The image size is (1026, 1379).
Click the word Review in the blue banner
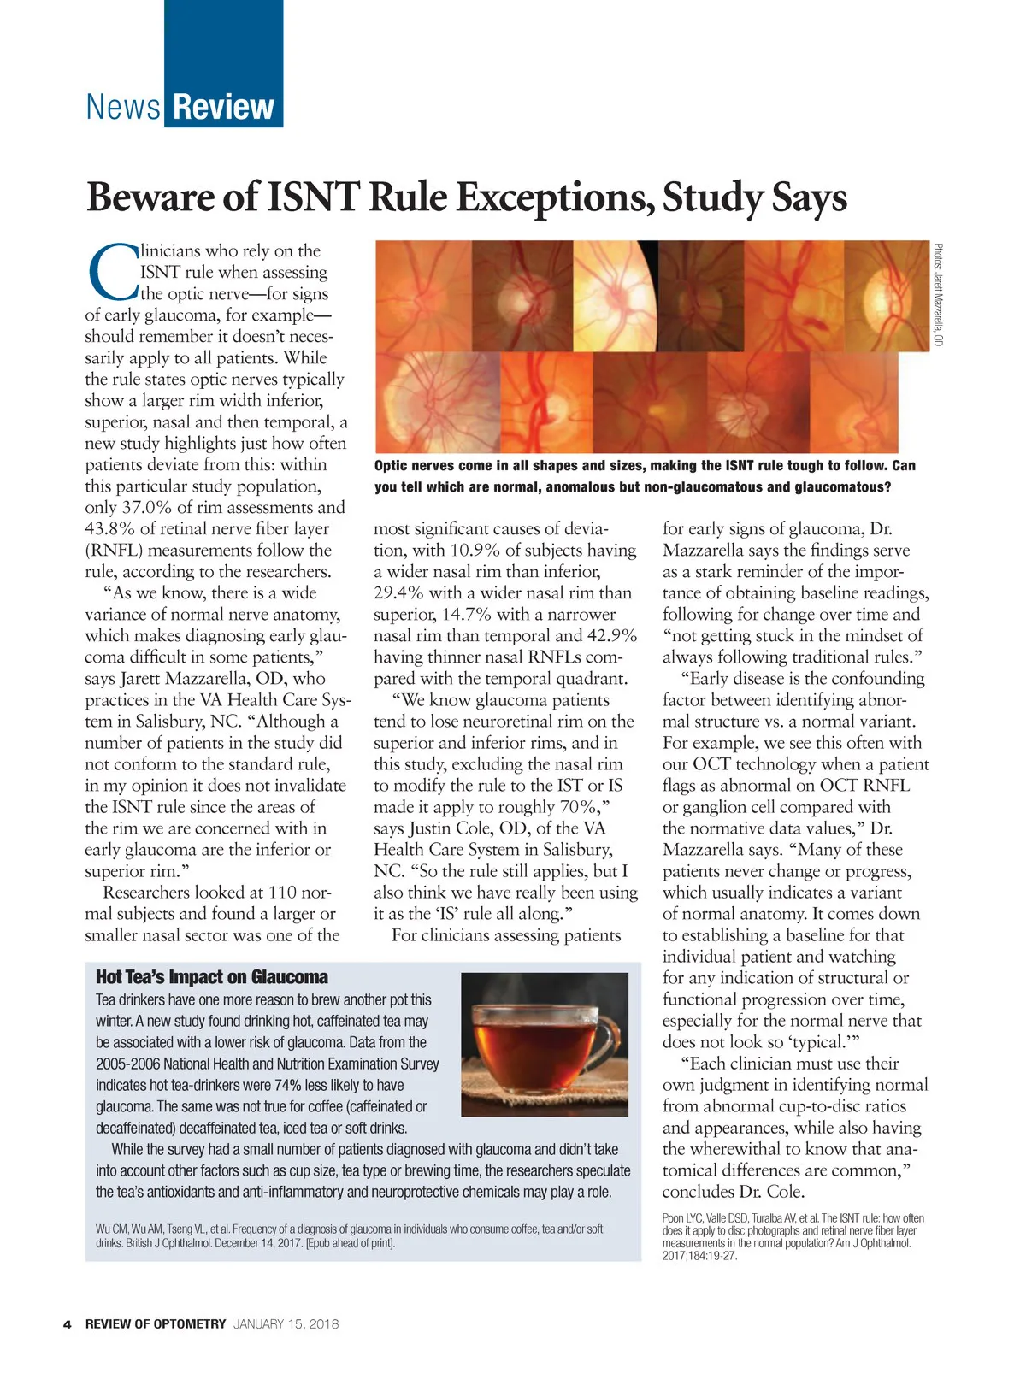tap(224, 108)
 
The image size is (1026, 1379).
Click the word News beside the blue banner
tap(123, 108)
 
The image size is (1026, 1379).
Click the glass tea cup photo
tap(545, 1044)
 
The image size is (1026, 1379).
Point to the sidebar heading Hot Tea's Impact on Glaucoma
tap(211, 977)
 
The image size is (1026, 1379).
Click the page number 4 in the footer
tap(67, 1324)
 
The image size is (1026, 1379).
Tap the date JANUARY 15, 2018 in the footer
tap(286, 1324)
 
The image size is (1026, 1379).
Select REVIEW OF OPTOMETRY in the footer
tap(156, 1324)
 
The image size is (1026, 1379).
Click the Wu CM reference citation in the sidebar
tap(349, 1235)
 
